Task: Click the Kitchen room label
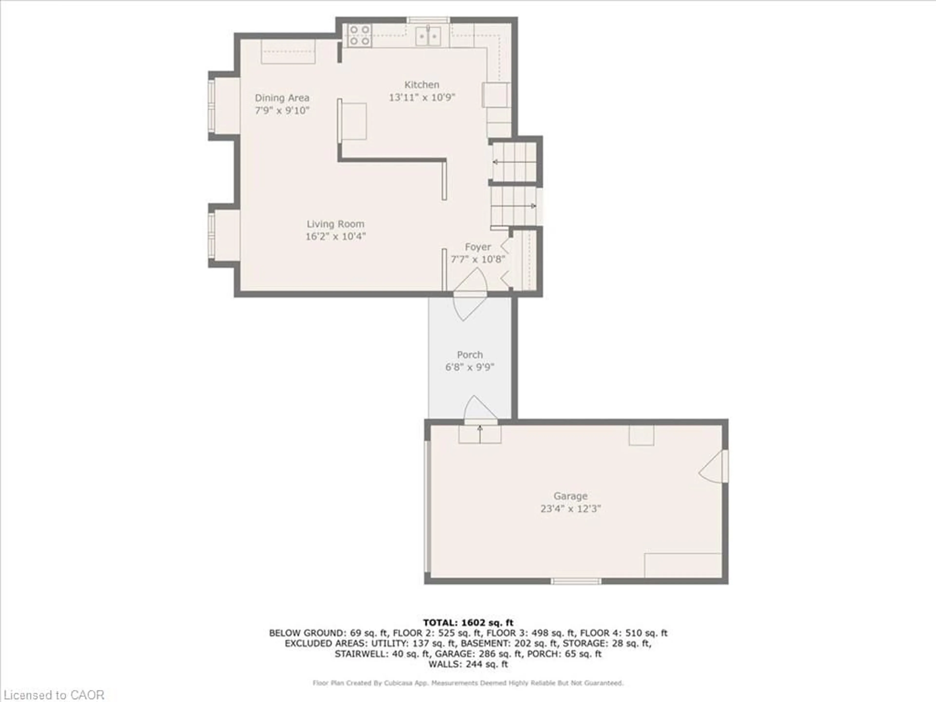coord(421,85)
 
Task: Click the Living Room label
coord(335,224)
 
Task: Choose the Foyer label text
coord(478,247)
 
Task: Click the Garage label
coord(570,496)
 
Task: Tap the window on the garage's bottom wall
coord(575,581)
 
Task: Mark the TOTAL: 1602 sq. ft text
coord(468,623)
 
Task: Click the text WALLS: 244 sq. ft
coord(468,664)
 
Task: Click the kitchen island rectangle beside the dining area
coord(352,121)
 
